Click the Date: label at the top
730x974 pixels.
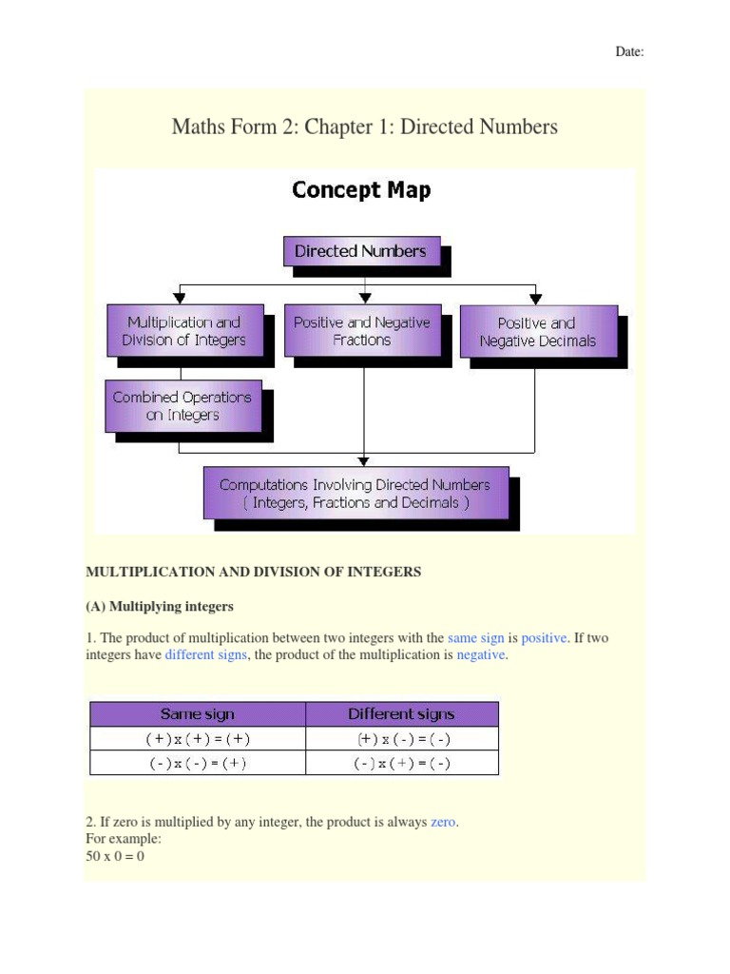tap(629, 52)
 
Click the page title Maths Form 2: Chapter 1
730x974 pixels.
tap(364, 127)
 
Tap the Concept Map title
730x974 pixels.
tap(361, 190)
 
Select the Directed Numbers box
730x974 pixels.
tap(361, 252)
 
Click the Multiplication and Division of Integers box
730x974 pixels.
tap(183, 331)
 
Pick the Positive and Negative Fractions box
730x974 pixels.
tap(361, 331)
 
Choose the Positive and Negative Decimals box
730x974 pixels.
tap(538, 332)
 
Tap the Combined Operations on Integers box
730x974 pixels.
tap(182, 406)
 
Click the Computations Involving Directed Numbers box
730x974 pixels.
tap(355, 493)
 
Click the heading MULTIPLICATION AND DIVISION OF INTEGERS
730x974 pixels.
tap(253, 572)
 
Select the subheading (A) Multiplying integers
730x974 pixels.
tap(160, 606)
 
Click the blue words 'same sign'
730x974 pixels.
tap(475, 638)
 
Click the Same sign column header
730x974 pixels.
tap(197, 713)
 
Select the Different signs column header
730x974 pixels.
tap(401, 713)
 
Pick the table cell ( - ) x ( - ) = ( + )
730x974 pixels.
tap(197, 763)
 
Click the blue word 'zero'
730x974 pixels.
tap(443, 822)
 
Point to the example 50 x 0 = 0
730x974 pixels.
tap(115, 856)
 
